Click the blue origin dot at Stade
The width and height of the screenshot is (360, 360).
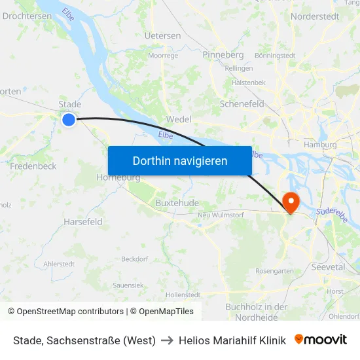point(69,119)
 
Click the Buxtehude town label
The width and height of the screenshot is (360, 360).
point(177,203)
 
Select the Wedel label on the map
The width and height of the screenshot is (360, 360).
point(179,120)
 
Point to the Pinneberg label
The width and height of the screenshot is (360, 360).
point(223,54)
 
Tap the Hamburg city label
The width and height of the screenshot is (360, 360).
point(320,145)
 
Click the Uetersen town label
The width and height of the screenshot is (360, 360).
point(162,35)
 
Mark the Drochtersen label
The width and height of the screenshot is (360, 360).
point(27,16)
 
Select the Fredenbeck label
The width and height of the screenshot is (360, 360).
point(33,166)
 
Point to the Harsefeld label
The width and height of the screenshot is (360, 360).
point(83,222)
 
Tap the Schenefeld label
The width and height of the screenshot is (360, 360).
point(242,104)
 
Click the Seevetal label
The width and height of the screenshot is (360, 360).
point(328,267)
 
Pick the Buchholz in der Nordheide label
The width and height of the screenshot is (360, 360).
point(256,312)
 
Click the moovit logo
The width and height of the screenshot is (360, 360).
point(320,339)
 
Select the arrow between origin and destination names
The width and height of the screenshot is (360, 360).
point(167,340)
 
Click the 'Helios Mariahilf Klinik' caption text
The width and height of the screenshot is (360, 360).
point(232,340)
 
